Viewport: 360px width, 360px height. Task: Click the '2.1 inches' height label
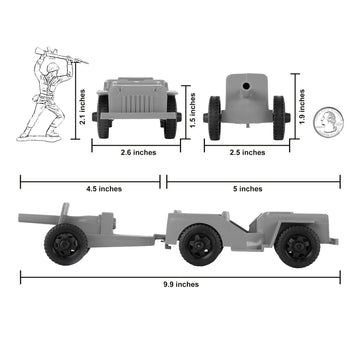pos(83,100)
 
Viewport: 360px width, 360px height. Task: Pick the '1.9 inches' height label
pos(301,100)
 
